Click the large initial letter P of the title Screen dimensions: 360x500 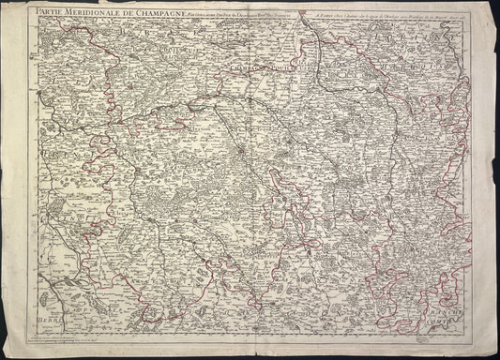(x=29, y=11)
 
